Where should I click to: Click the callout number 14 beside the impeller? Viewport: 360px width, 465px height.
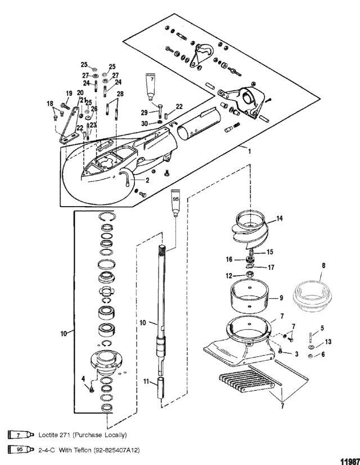pos(280,218)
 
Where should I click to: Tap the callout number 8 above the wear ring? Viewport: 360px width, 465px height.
pos(323,265)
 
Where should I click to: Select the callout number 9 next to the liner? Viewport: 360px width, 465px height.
pos(281,297)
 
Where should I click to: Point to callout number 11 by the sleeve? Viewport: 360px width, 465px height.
pos(146,381)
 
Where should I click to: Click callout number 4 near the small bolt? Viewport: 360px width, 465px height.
pos(83,379)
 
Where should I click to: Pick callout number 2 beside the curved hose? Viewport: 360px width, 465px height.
pos(147,180)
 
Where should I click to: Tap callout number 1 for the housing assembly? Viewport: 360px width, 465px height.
pos(250,151)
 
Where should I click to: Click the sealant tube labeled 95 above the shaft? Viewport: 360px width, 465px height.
pos(175,203)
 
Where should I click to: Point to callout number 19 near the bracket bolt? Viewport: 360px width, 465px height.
pos(69,93)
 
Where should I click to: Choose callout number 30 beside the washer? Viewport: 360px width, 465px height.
pos(145,123)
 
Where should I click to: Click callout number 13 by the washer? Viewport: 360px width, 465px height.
pos(328,342)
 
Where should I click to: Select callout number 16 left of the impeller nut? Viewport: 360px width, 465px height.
pos(229,260)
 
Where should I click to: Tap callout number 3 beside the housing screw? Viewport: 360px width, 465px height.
pos(296,354)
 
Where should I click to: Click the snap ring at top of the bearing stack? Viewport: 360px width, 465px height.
pos(107,217)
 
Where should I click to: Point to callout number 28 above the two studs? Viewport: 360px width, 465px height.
pos(120,94)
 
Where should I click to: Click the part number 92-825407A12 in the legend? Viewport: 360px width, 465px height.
pos(116,450)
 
